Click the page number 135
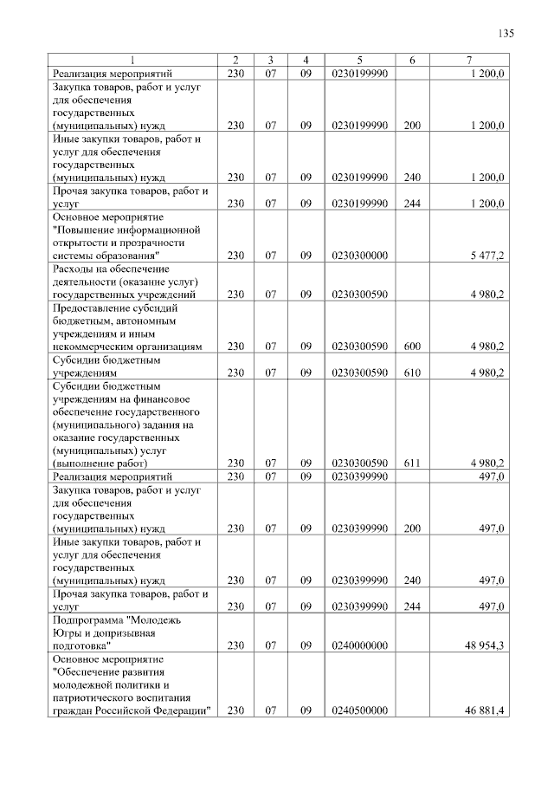point(506,34)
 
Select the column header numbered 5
point(359,60)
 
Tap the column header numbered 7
point(468,60)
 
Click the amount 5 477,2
point(487,256)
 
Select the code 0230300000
point(359,256)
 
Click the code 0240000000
point(359,646)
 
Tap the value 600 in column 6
point(412,347)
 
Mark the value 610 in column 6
point(412,373)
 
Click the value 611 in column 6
point(412,464)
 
